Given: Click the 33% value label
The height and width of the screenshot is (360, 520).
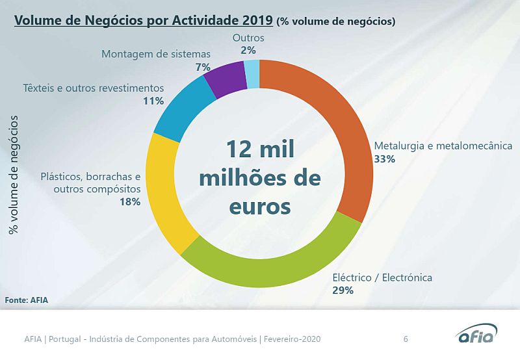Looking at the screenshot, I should click(x=385, y=158).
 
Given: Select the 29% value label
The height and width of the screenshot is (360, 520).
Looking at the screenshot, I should click(x=343, y=290).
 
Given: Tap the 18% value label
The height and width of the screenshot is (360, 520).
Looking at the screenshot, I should click(x=130, y=201).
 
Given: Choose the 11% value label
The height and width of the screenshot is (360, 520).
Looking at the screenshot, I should click(x=153, y=101).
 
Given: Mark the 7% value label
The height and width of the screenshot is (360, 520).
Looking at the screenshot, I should click(x=203, y=67).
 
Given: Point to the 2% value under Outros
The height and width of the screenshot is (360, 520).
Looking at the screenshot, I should click(x=248, y=49).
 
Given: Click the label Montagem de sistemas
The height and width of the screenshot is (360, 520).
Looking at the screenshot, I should click(x=156, y=53).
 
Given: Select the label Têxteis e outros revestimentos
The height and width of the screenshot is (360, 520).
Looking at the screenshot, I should click(x=93, y=88).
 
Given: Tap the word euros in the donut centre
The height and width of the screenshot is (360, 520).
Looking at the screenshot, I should click(x=260, y=207).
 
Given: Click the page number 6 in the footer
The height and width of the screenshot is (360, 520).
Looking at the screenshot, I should click(x=406, y=339).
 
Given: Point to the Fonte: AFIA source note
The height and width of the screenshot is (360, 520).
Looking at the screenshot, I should click(x=27, y=300).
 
